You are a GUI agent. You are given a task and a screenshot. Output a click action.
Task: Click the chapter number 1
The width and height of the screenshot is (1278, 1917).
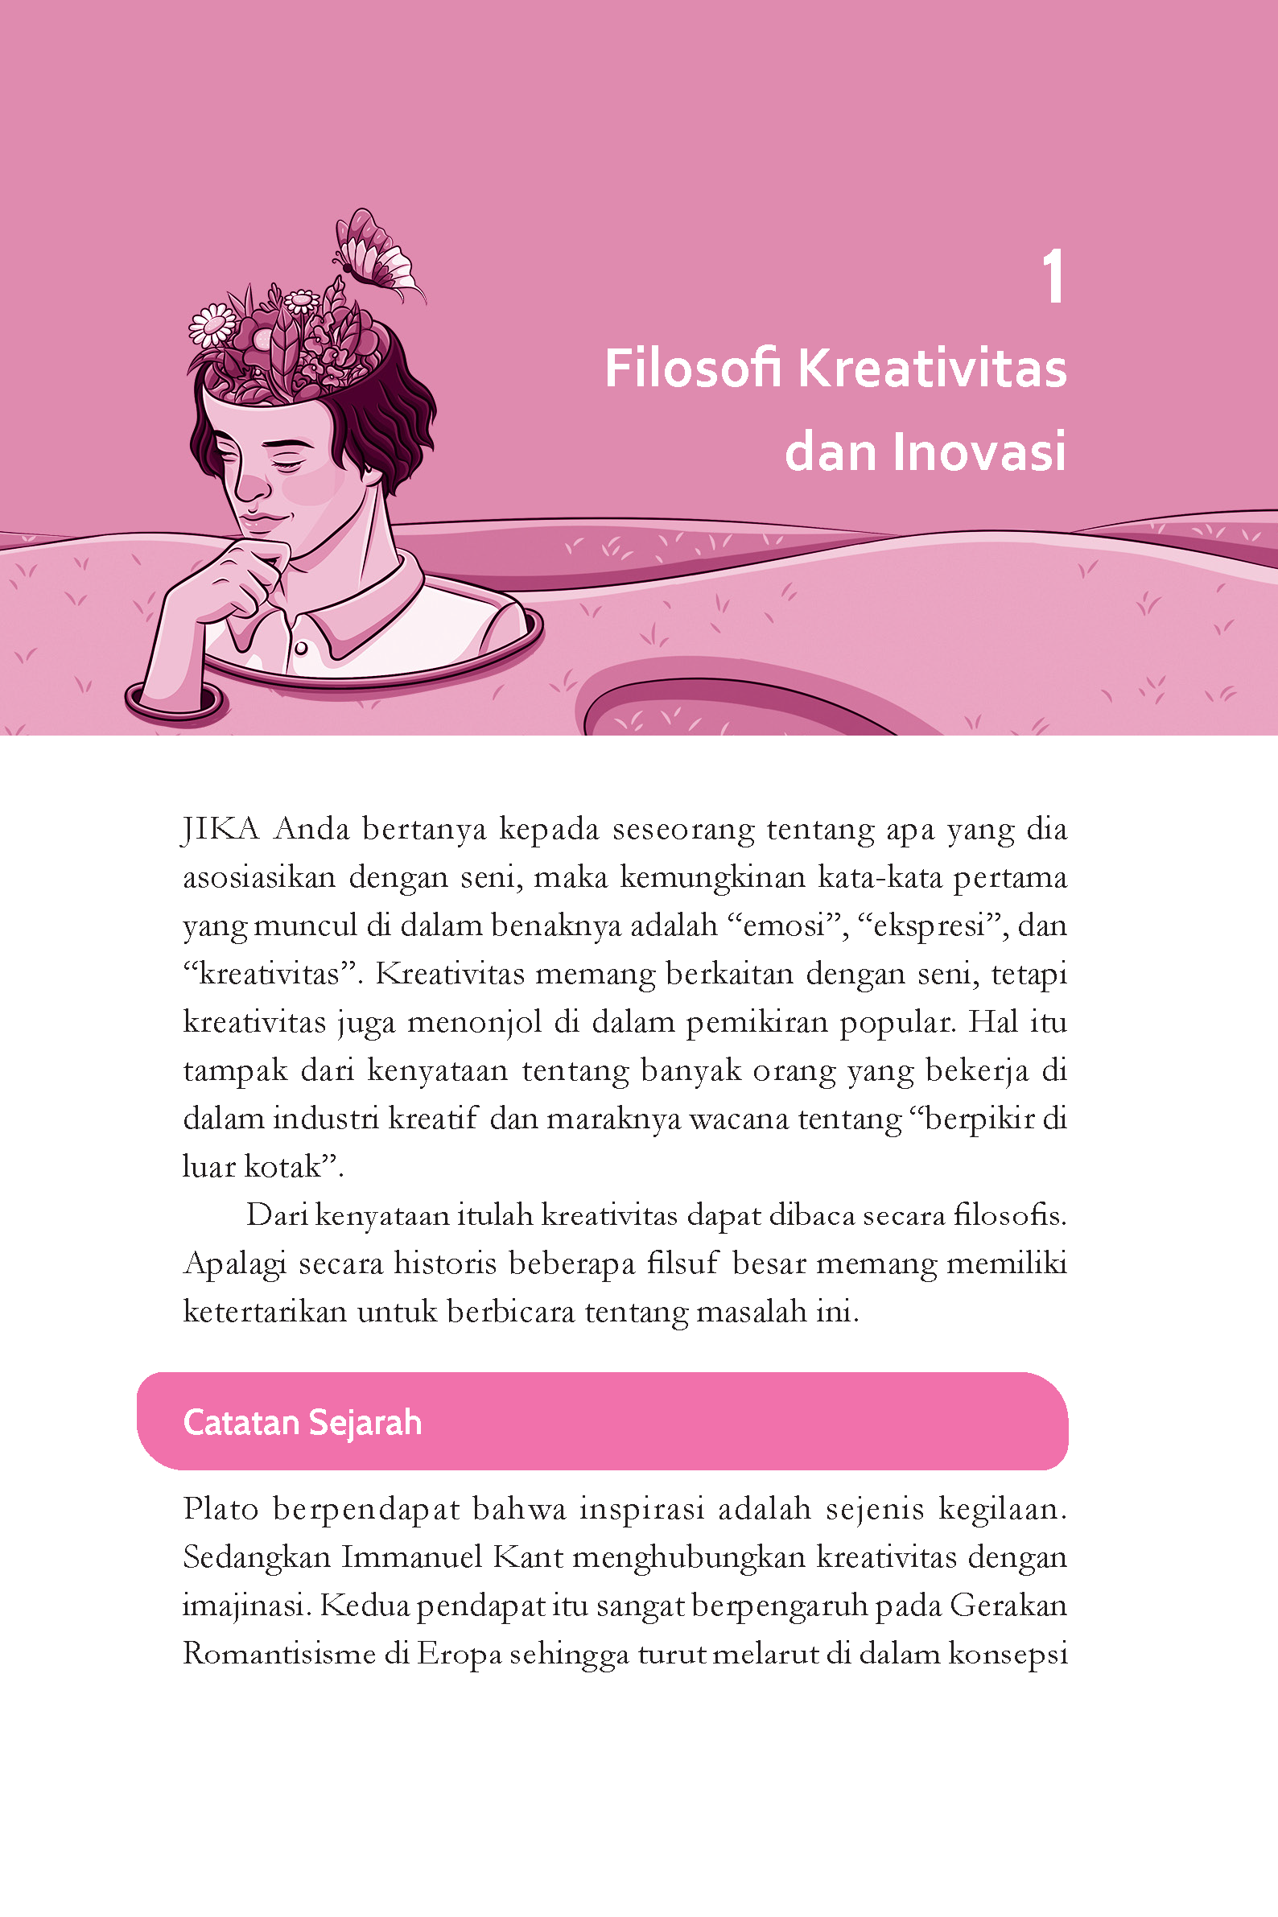(x=1053, y=277)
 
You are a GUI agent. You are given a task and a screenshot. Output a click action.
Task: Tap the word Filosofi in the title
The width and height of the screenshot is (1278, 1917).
(x=692, y=369)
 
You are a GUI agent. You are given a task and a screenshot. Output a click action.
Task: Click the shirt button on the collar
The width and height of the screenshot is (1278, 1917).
(x=301, y=648)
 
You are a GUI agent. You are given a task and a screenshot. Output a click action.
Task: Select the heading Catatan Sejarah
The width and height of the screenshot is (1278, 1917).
(x=303, y=1422)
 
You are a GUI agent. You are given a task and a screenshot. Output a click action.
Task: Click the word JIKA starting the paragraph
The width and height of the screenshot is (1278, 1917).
(x=220, y=830)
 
